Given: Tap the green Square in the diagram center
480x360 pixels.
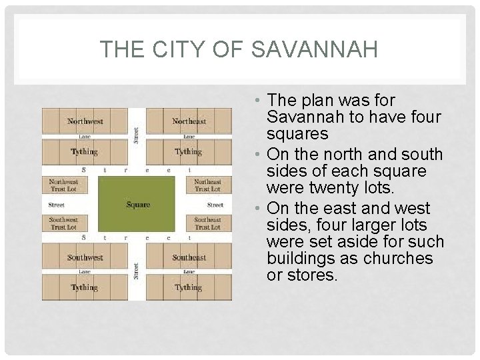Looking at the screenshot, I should [138, 205].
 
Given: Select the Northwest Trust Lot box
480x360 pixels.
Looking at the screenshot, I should [64, 185].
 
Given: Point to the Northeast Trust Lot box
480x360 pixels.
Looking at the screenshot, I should [208, 185].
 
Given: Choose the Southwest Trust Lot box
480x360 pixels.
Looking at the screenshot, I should [64, 223].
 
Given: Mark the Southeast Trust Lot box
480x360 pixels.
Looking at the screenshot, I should [208, 223].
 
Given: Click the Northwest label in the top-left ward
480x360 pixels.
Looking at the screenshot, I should [85, 121].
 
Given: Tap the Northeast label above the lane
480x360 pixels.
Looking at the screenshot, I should [189, 121].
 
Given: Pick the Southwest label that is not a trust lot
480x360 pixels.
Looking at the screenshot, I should [85, 257].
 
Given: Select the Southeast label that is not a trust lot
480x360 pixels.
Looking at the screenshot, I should [189, 257].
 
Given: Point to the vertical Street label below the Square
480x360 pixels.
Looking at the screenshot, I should [137, 271].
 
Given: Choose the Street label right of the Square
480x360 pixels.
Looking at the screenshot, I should [215, 205].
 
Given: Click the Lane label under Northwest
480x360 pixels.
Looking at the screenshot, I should [85, 137].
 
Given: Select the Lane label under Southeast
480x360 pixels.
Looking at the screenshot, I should [189, 272].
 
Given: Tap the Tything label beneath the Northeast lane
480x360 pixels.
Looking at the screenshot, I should [189, 152].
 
